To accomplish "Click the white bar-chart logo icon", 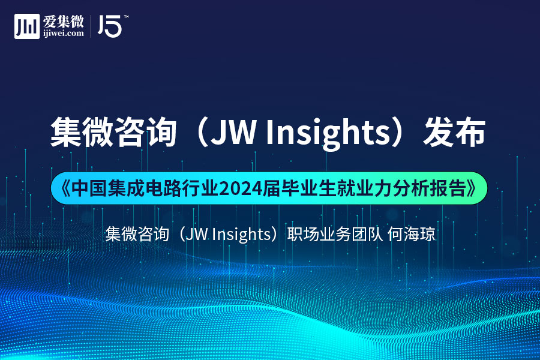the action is [x=27, y=26].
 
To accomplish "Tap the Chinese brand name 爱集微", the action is [x=64, y=22].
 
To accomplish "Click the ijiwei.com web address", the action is [x=64, y=34].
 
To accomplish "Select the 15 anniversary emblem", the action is [x=110, y=26].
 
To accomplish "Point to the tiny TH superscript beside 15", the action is [x=126, y=17].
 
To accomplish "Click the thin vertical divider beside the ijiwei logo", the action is [x=91, y=26].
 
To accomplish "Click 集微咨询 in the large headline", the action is [x=113, y=132].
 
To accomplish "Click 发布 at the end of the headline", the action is [x=454, y=132].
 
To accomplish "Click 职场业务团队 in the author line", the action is [x=335, y=234].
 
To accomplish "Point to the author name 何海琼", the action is [x=411, y=234].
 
